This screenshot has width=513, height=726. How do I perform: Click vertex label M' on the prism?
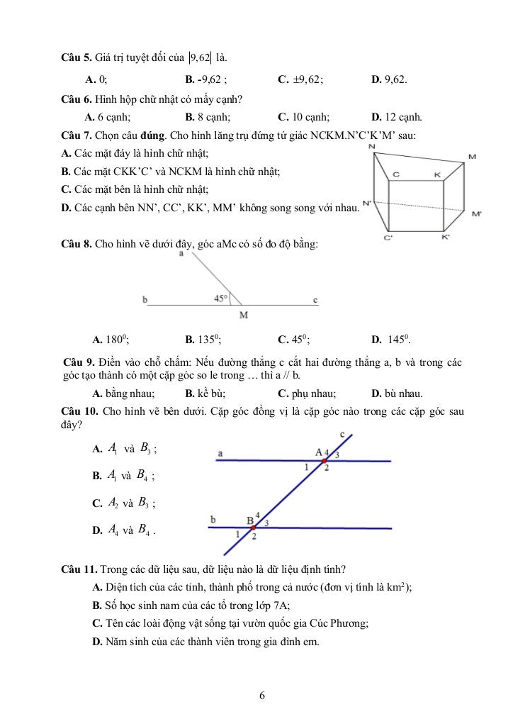tap(476, 213)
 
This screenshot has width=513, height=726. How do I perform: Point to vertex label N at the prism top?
tap(372, 146)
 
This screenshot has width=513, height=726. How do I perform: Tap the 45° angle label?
tap(221, 298)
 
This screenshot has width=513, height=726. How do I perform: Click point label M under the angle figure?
tap(243, 315)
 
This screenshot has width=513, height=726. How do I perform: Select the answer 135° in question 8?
tap(202, 339)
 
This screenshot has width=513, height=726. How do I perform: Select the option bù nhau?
tap(397, 393)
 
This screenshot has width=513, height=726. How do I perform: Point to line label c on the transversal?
tap(342, 434)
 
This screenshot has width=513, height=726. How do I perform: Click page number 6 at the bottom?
tap(262, 696)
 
